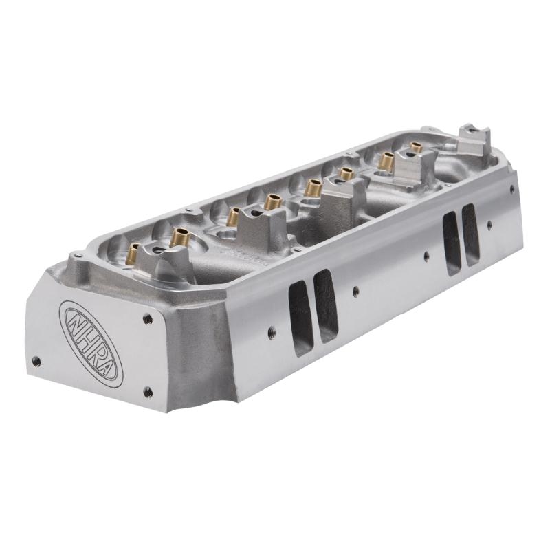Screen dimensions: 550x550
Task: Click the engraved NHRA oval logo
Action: pos(91,342)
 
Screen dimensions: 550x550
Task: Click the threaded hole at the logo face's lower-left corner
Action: pos(36,361)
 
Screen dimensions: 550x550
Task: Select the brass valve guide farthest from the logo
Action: pos(416,148)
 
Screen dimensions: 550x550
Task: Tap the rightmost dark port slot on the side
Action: pos(471,234)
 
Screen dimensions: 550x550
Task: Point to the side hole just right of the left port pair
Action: pos(355,291)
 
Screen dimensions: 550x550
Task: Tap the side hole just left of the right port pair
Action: pos(427,256)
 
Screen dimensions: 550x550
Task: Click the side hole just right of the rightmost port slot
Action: pos(489,224)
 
